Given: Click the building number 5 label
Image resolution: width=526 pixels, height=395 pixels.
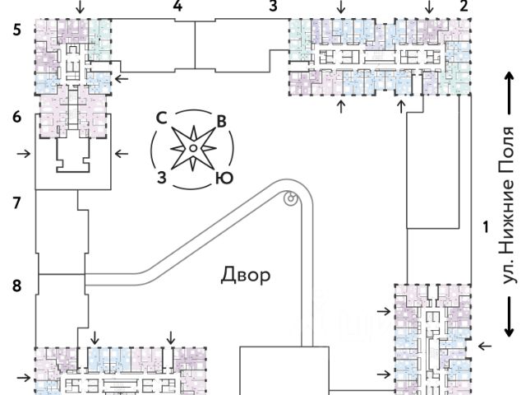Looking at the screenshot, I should click(x=16, y=31).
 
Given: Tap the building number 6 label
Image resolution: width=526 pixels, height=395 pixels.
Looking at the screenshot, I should click(x=16, y=117).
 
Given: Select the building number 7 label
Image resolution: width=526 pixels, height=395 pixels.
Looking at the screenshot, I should click(x=16, y=202).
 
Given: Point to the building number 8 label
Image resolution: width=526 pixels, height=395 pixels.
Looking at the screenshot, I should click(x=16, y=286).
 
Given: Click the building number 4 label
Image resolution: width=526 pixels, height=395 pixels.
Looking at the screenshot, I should click(x=178, y=7).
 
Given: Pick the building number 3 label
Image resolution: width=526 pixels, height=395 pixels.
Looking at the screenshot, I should click(x=273, y=7).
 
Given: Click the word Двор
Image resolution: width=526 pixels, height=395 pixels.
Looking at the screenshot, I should click(x=245, y=275).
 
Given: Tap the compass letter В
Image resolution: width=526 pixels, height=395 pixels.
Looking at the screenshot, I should click(x=220, y=122).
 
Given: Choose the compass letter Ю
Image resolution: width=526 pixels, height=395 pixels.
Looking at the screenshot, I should click(x=221, y=178).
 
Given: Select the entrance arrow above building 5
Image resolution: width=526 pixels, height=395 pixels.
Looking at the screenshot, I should click(x=79, y=7).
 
